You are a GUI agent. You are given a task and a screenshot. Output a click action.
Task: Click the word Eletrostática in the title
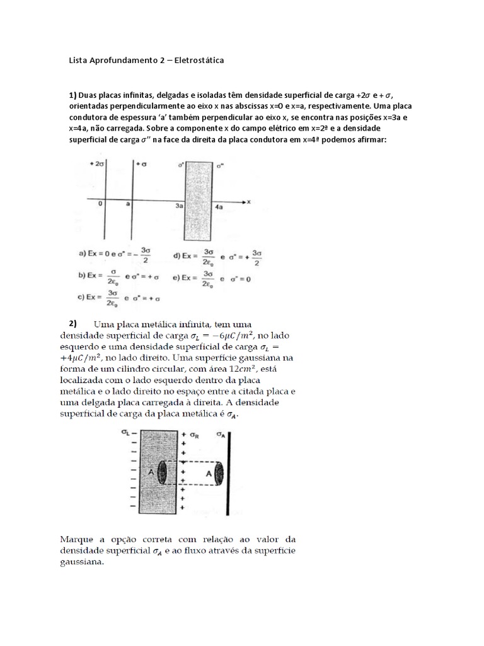tap(194, 61)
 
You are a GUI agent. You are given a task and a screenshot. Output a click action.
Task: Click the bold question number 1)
tap(72, 95)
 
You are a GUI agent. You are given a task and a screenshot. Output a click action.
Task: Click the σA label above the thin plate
tap(221, 434)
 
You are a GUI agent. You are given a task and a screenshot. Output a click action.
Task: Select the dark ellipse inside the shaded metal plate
tap(163, 473)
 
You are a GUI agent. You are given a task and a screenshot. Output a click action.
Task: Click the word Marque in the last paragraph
tap(76, 539)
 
